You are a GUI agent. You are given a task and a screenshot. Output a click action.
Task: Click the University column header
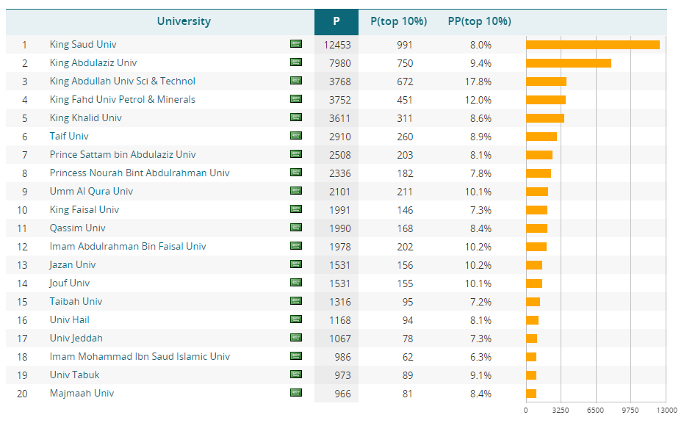pyautogui.click(x=184, y=21)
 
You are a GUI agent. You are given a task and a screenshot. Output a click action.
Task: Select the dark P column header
pyautogui.click(x=336, y=21)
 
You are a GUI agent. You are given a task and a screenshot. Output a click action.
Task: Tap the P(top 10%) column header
pyautogui.click(x=398, y=21)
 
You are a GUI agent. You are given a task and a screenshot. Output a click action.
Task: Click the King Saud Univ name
pyautogui.click(x=83, y=45)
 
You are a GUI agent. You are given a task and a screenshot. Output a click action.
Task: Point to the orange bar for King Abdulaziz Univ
pyautogui.click(x=569, y=63)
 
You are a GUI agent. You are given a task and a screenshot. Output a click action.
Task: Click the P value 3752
pyautogui.click(x=337, y=100)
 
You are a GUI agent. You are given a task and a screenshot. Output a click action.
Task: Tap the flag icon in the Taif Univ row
pyautogui.click(x=296, y=136)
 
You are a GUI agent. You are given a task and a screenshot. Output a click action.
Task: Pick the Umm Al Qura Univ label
pyautogui.click(x=91, y=192)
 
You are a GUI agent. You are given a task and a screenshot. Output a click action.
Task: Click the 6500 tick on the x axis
pyautogui.click(x=595, y=411)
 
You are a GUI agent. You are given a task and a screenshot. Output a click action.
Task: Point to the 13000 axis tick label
pyautogui.click(x=666, y=411)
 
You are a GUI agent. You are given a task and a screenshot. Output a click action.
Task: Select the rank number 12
pyautogui.click(x=23, y=247)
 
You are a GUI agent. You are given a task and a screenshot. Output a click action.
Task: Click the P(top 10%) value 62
pyautogui.click(x=405, y=357)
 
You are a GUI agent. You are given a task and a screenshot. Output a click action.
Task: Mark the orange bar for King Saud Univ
pyautogui.click(x=592, y=45)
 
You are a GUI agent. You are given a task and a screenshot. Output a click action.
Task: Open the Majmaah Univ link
pyautogui.click(x=82, y=394)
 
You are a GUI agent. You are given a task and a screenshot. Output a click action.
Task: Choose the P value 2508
pyautogui.click(x=337, y=155)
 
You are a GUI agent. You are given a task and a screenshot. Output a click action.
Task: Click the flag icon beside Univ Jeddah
pyautogui.click(x=296, y=338)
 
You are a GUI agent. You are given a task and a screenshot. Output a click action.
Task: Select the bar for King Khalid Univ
pyautogui.click(x=545, y=118)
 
